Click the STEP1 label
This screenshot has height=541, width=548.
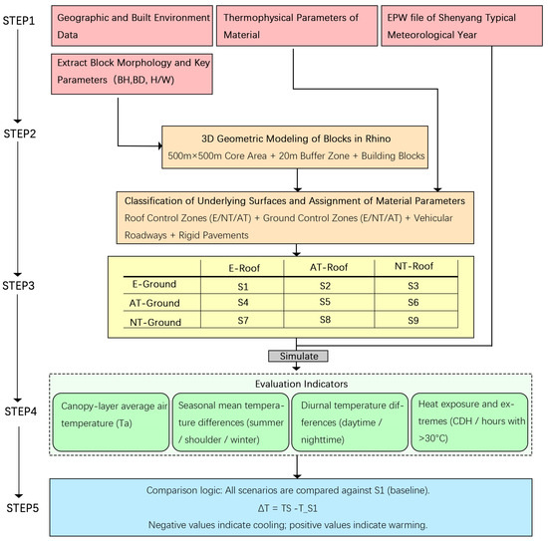[x=19, y=21]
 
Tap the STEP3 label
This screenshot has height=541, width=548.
[x=19, y=286]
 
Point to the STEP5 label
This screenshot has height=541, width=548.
[x=22, y=508]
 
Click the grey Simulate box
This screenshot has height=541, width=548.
[x=298, y=356]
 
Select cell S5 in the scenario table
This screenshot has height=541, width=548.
[x=325, y=302]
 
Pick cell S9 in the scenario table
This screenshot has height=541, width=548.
[x=413, y=320]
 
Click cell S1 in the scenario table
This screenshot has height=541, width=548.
[x=243, y=287]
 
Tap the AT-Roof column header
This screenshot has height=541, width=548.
[x=329, y=267]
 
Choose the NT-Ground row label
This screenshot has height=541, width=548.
[x=155, y=322]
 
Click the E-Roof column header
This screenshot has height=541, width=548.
[x=244, y=268]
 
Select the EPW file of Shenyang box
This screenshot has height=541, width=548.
[x=461, y=26]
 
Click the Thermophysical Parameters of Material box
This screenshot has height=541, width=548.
[x=297, y=26]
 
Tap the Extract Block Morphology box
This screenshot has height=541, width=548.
[x=132, y=74]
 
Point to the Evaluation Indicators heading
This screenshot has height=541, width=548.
[x=301, y=384]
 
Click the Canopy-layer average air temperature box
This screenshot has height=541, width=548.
[x=111, y=422]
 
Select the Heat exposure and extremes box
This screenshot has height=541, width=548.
[x=469, y=422]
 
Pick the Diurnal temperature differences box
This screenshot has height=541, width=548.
[x=350, y=422]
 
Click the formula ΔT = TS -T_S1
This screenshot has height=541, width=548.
[x=288, y=508]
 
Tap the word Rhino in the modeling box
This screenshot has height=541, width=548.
[x=378, y=138]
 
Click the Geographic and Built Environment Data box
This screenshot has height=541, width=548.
[x=132, y=26]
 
